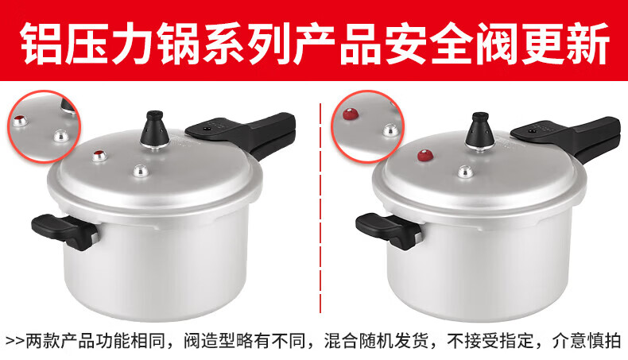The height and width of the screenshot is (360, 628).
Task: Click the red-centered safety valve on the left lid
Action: (99, 156)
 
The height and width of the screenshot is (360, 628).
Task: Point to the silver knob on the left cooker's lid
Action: (141, 171)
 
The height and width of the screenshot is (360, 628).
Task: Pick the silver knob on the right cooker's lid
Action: (465, 172)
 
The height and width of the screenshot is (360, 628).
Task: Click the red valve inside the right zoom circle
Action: (352, 115)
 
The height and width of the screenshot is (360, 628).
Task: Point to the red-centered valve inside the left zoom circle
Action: (20, 119)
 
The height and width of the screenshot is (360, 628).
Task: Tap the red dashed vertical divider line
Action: (320, 208)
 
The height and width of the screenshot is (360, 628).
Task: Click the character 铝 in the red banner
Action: (41, 43)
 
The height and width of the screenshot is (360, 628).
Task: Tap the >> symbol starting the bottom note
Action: (15, 342)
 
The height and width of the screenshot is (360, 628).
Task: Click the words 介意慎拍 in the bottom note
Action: (587, 341)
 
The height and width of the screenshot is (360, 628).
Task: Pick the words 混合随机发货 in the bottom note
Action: (376, 341)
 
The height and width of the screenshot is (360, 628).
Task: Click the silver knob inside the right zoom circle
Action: (390, 130)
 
